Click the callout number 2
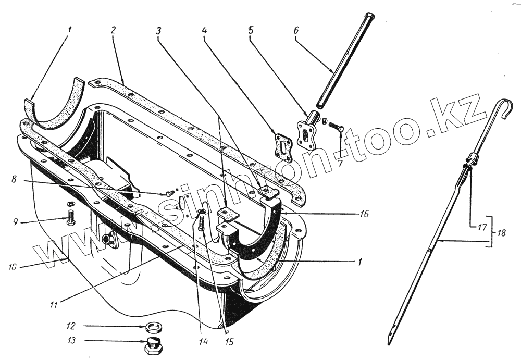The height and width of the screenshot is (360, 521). click(x=113, y=30)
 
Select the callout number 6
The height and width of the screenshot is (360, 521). click(x=296, y=30)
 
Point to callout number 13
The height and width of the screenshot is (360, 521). click(x=71, y=342)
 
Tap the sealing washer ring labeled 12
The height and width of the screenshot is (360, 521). click(x=154, y=328)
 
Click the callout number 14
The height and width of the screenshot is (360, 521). click(x=203, y=342)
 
